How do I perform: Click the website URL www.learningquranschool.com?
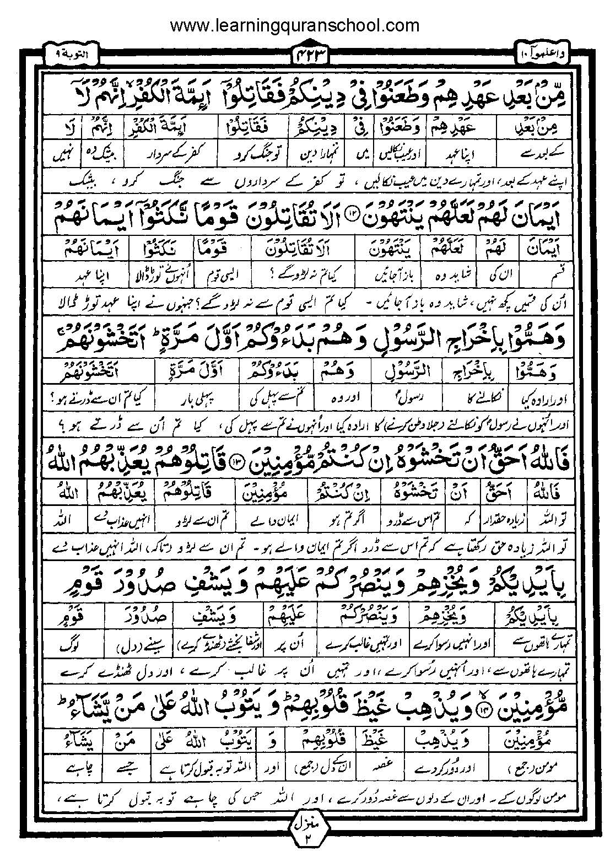pos(295,25)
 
